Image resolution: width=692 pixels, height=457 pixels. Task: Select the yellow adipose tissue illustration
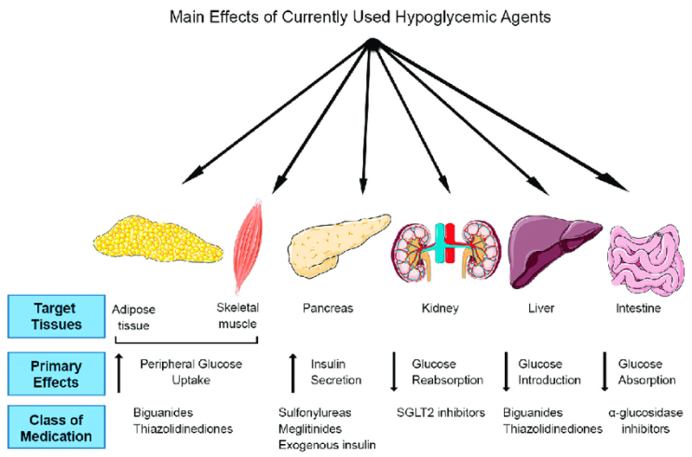[x=164, y=242]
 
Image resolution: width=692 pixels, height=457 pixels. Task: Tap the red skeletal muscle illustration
[x=251, y=242]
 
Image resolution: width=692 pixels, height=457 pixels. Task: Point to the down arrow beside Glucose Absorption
[x=607, y=371]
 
